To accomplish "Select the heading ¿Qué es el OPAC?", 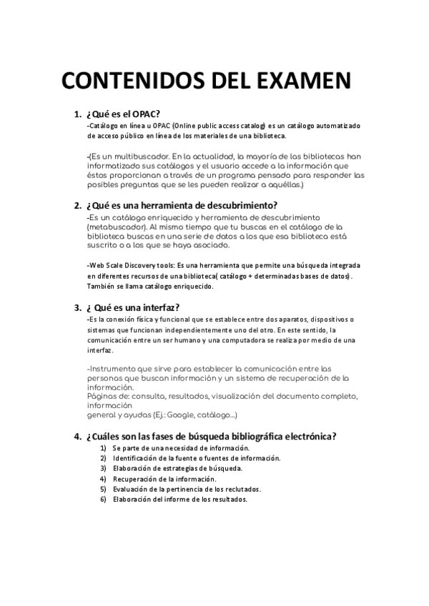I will [x=122, y=114].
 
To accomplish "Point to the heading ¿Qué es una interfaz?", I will [x=132, y=308].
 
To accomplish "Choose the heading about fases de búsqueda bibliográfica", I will [x=211, y=437].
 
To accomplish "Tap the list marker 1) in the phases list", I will [x=104, y=448].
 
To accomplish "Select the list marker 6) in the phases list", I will [x=104, y=500].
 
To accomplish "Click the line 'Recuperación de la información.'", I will [x=164, y=479].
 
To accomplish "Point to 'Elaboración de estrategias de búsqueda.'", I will [x=177, y=469].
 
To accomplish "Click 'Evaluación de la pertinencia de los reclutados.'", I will [x=187, y=490].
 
